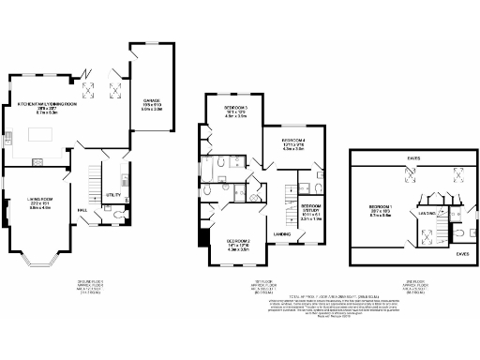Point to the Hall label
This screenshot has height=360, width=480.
point(82,210)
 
